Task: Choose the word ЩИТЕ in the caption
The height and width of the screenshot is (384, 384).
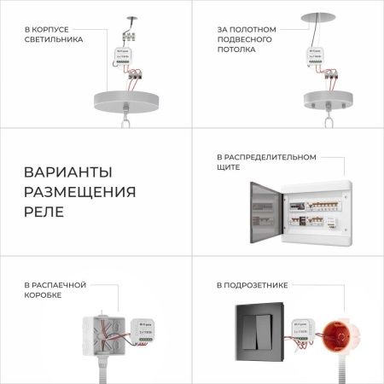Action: [228, 169]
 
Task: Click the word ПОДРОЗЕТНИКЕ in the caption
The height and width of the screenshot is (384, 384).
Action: [253, 284]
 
